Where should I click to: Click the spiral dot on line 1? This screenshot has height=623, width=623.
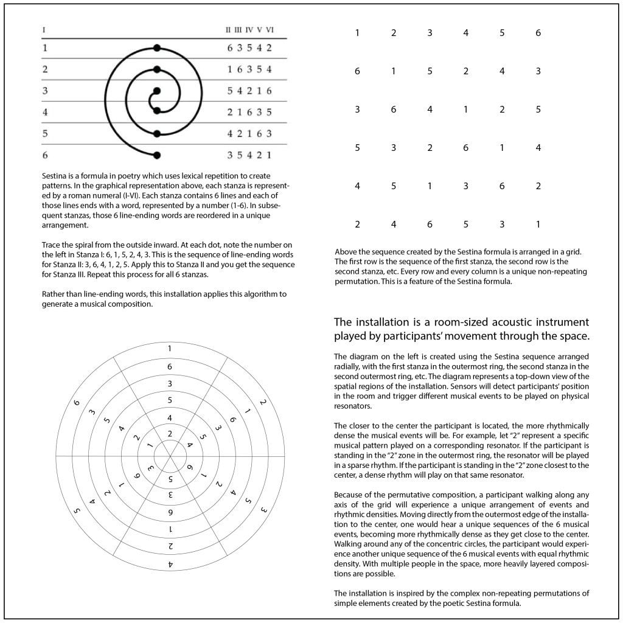tap(157, 47)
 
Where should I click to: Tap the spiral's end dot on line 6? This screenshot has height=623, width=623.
tap(157, 155)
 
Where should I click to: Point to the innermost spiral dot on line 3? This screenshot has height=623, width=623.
tap(157, 91)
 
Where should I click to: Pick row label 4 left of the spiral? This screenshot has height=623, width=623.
tap(45, 112)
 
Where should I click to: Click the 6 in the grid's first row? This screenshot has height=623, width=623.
tap(538, 33)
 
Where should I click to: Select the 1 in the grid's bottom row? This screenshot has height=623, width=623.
tap(538, 224)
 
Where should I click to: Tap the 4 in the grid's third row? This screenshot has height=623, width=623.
tap(430, 110)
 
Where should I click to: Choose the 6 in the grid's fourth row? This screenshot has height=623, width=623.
tap(465, 148)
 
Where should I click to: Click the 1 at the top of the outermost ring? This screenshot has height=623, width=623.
tap(169, 349)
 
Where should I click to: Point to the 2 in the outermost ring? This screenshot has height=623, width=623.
tap(263, 403)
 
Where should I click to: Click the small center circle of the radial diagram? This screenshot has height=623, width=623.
tap(169, 456)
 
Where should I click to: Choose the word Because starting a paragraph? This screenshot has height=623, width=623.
tap(350, 495)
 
